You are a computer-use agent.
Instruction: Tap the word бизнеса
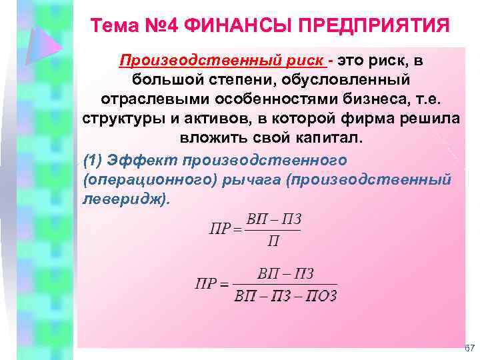367,99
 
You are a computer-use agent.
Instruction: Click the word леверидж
123,199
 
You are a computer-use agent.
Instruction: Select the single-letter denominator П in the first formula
273,240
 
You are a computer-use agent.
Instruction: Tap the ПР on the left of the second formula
206,284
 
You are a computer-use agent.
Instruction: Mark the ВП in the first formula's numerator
256,219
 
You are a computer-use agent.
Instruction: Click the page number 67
469,349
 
